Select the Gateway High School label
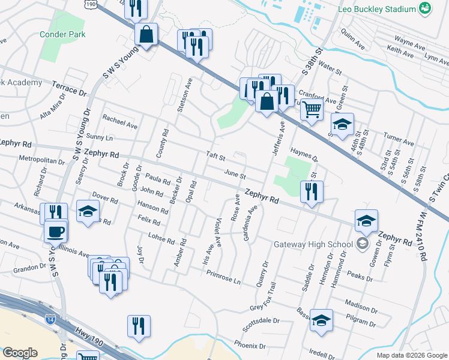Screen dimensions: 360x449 point(313,244)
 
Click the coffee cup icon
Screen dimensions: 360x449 point(56,231)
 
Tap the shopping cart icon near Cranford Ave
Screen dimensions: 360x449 point(312,110)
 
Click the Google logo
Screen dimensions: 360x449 point(20,352)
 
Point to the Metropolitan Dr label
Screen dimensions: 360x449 point(41,161)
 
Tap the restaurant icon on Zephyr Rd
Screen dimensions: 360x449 point(311,191)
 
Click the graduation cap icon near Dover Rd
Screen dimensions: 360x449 point(88,212)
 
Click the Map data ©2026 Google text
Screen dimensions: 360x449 point(411,355)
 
